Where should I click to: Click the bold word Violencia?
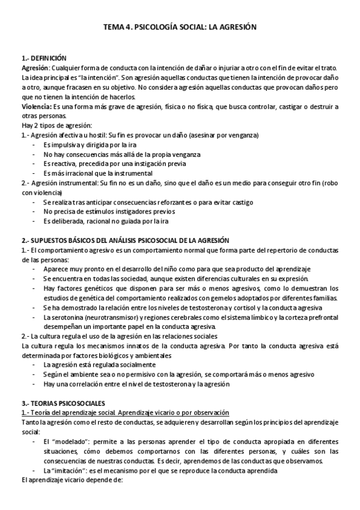(35, 106)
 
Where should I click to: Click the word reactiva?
(63, 164)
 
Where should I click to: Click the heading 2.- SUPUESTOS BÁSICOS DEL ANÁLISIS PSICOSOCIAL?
(138, 239)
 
